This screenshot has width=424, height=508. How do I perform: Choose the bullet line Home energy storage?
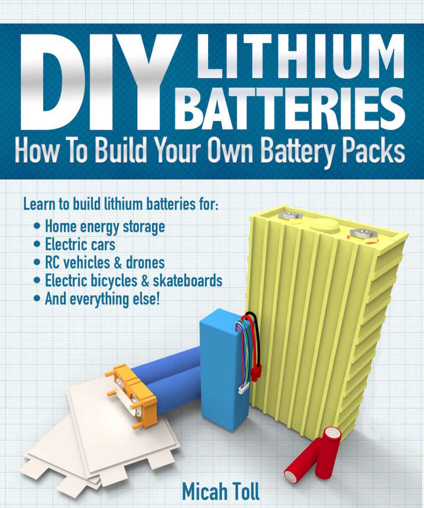point(105,226)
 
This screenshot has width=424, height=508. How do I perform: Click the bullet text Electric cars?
point(80,244)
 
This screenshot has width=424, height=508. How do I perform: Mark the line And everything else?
point(102,298)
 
